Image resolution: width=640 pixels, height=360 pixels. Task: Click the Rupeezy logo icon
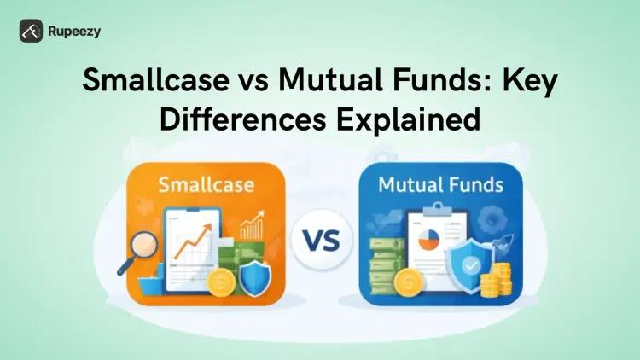(32, 31)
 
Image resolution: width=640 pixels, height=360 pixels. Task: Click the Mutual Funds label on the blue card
(440, 183)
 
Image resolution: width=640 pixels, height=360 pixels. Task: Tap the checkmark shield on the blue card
(469, 264)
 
